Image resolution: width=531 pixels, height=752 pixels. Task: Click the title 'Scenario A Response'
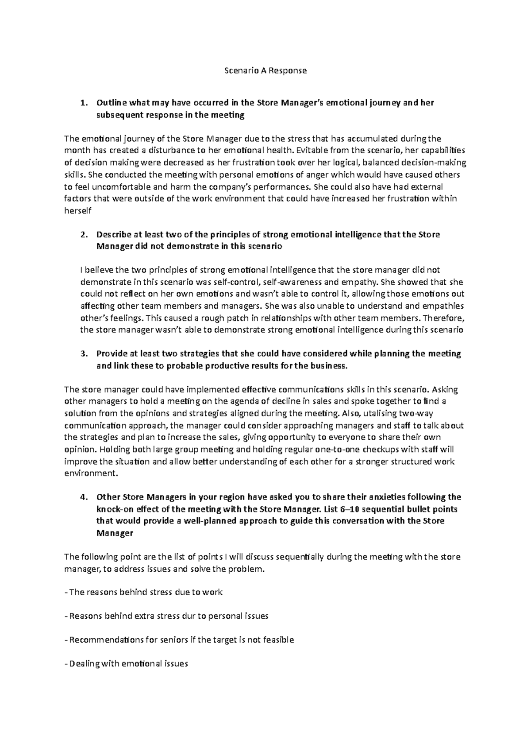coord(265,70)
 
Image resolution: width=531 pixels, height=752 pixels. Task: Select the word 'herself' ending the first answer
coord(78,210)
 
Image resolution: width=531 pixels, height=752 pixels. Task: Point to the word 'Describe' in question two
coord(112,234)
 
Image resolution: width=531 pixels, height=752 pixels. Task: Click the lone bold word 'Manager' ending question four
coord(115,533)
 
